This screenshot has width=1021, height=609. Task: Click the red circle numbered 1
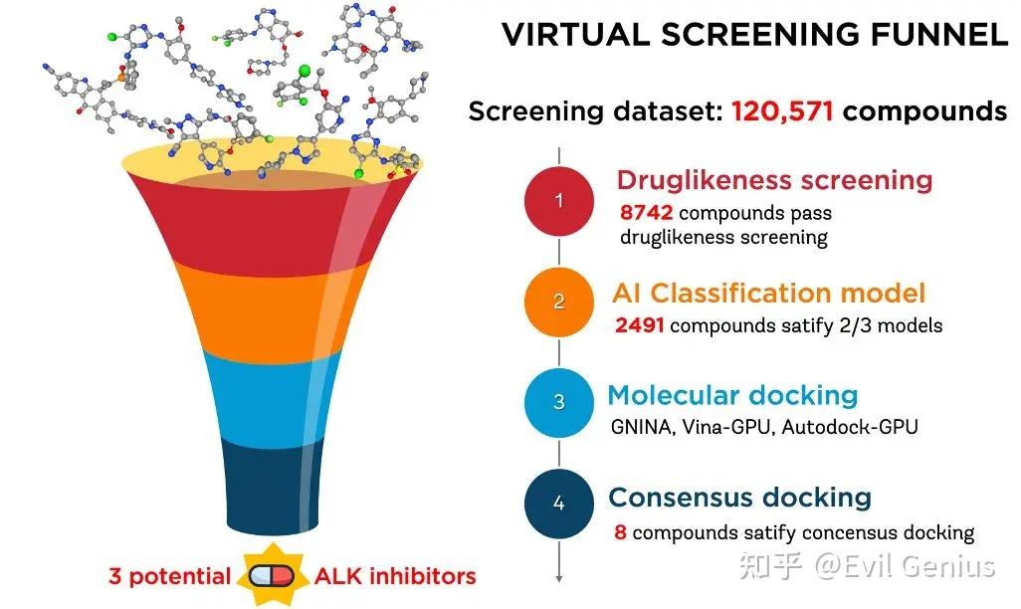coord(558,200)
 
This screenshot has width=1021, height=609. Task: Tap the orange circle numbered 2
coord(558,302)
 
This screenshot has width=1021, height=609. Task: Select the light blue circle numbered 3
coord(558,402)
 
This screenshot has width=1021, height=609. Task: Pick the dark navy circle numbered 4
coord(558,504)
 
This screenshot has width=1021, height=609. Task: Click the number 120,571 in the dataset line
coord(782,111)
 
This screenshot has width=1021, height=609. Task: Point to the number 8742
coord(646,212)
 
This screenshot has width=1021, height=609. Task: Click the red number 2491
coord(640,325)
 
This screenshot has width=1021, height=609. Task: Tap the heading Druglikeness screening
coord(774,180)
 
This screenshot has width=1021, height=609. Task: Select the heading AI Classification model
coord(768,294)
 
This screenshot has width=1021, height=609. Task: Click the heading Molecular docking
coord(732,395)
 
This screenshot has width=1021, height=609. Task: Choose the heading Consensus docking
coord(739,498)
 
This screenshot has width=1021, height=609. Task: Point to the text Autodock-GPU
coord(850,427)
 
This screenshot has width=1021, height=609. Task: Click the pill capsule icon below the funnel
coord(273,576)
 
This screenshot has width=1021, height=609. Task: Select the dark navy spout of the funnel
coord(273,486)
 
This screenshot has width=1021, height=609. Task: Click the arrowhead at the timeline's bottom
coord(558,578)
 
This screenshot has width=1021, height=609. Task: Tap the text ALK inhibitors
coord(395,576)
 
